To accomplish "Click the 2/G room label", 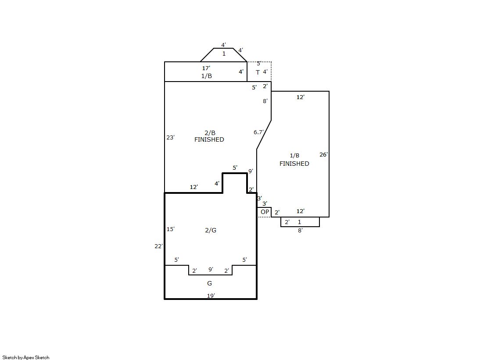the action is pos(211,230).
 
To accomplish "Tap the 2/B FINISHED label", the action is pos(209,136).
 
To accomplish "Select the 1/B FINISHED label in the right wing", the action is pos(294,160).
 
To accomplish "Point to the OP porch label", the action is pos(265,212).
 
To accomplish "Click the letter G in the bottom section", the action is pos(209,283).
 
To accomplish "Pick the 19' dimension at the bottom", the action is pos(211,296).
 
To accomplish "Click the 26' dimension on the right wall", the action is pos(323,155).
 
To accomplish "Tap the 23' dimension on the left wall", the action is pos(170,137).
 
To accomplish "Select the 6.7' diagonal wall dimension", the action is pos(258,132).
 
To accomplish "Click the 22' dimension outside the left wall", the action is pos(158,246).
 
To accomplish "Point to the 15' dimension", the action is pos(170,229).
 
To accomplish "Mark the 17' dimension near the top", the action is pos(206,68).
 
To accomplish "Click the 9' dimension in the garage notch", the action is pos(211,270).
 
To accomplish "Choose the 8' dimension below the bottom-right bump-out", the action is pos(300,231).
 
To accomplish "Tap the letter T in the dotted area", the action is pos(258,72).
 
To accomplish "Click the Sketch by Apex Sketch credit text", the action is pos(26,357).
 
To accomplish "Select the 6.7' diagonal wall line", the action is pos(264,135).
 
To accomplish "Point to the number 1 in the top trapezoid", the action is pos(224,54).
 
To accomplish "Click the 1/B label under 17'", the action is pos(206,76).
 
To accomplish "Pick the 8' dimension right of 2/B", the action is pos(265,101).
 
